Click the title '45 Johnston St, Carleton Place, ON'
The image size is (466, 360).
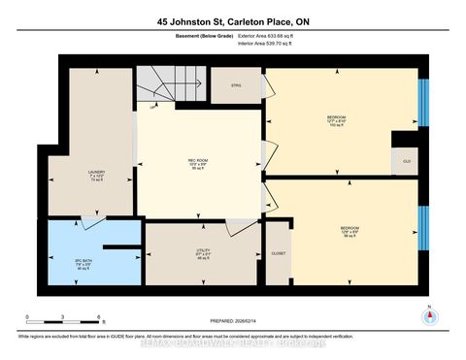tap(232, 20)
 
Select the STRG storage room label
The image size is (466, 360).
tap(235, 86)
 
